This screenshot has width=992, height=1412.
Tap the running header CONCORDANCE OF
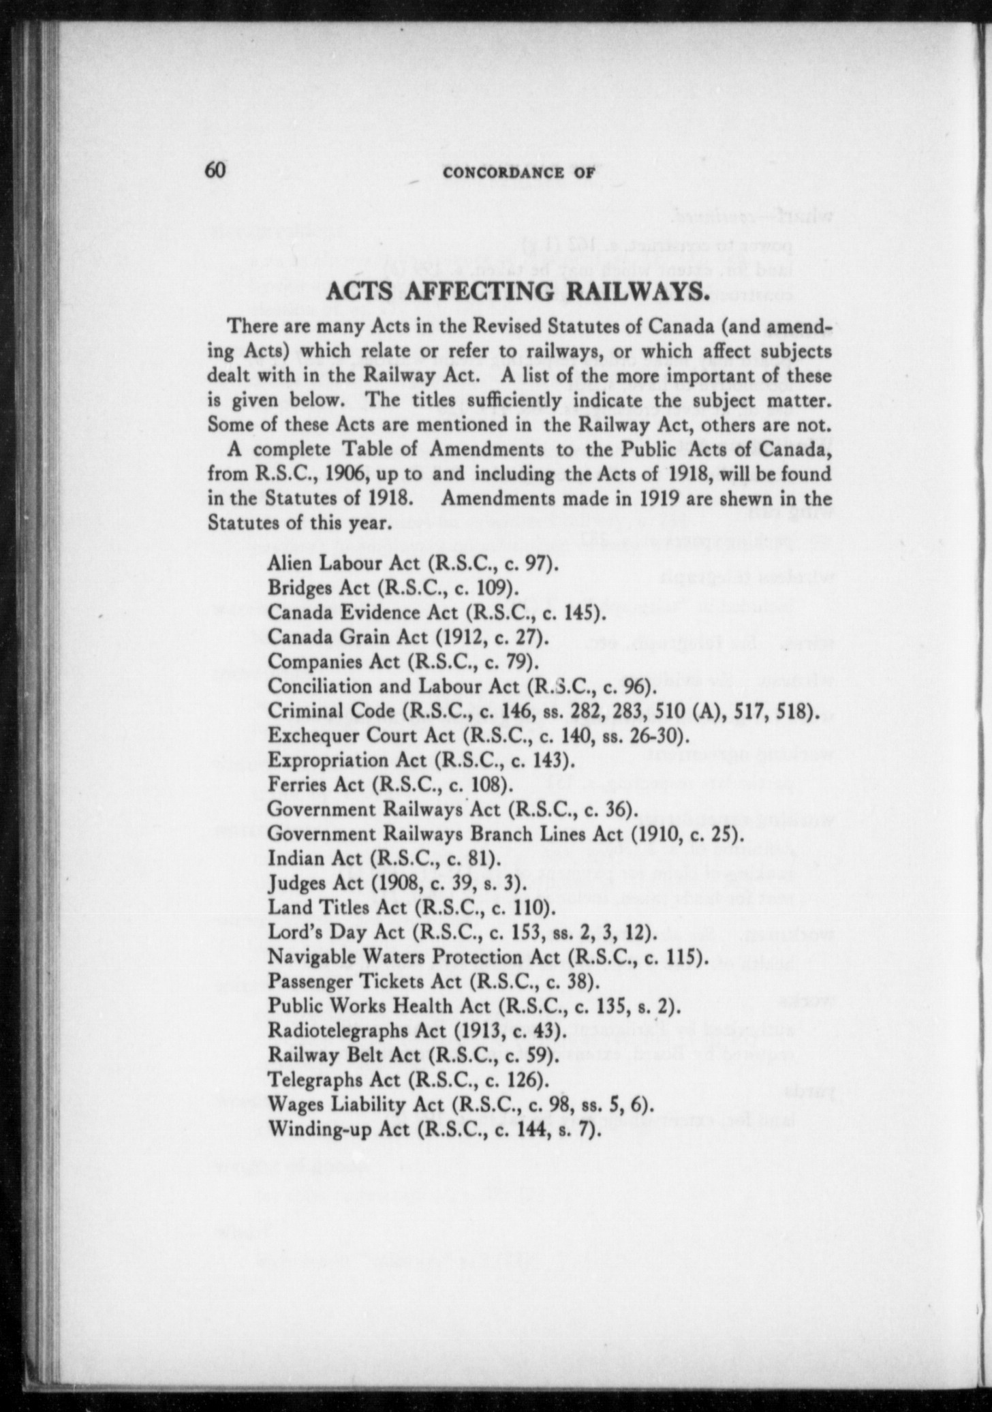pos(518,173)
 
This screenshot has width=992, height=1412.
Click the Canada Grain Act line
pos(408,636)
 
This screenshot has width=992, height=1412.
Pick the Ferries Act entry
pos(390,785)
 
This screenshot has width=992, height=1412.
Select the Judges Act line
pos(397,883)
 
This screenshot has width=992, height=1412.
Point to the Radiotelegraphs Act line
pos(417,1030)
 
